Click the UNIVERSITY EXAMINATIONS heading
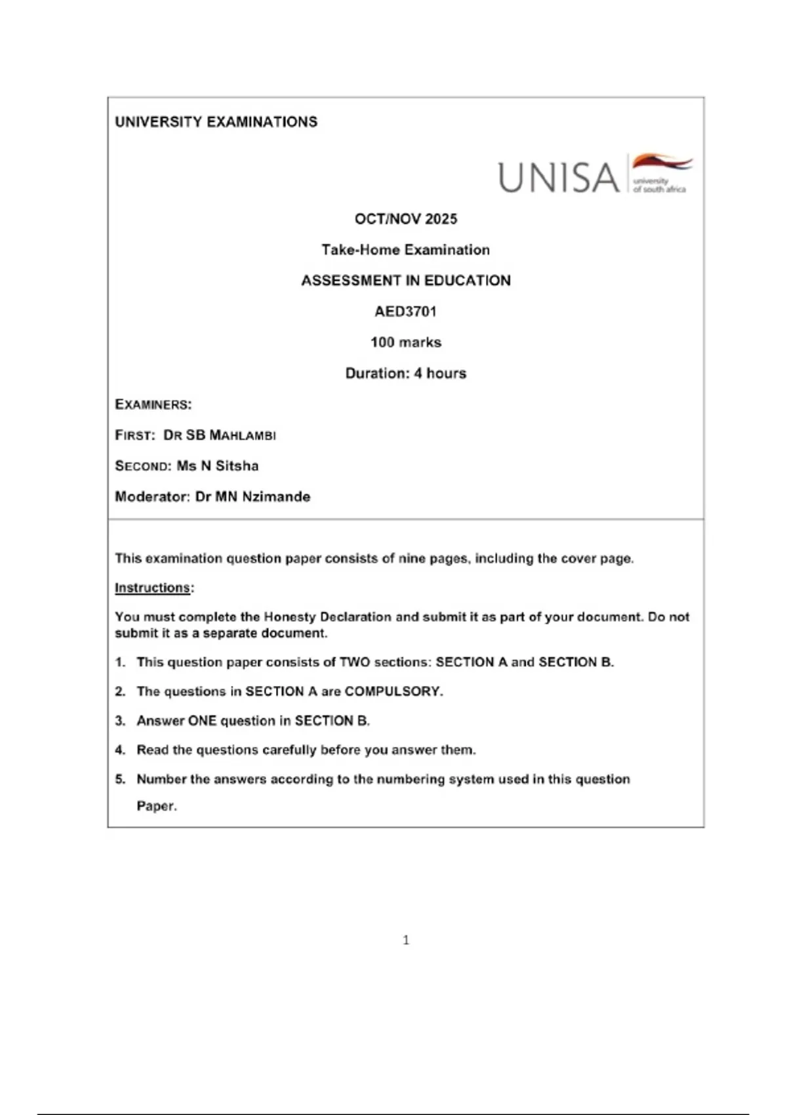pos(216,122)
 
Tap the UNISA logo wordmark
pos(559,178)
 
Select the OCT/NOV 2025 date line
pos(405,219)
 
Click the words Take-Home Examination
pos(405,250)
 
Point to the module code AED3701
pos(405,312)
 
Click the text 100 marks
pos(405,342)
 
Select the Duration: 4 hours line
pos(405,373)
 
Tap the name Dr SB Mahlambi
pos(220,435)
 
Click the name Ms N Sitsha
pos(218,466)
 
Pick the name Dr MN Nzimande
pos(252,497)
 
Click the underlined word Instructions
pos(152,588)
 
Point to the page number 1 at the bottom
pos(406,940)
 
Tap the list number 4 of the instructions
pos(120,750)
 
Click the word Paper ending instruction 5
pos(156,806)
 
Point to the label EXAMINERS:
pos(153,404)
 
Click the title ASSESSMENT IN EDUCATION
pos(405,281)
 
